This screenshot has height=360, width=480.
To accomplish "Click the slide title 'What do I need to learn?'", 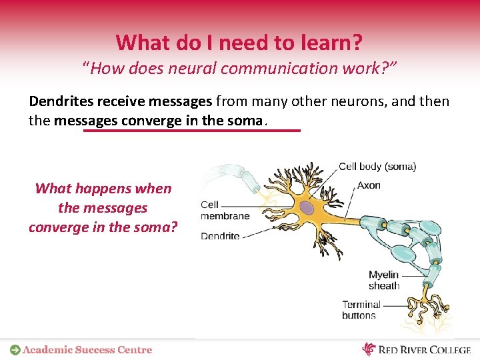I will [239, 43].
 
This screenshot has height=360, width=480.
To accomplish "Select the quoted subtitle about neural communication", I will [239, 68].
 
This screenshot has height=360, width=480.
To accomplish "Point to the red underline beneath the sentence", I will [192, 131].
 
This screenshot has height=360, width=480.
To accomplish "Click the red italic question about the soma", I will [103, 207].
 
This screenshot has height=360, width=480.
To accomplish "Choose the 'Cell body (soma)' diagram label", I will [377, 167].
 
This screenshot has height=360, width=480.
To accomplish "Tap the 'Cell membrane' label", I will [225, 210].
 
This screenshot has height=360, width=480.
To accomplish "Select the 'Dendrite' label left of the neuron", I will [220, 236].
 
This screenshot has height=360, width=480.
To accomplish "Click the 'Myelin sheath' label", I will [383, 280].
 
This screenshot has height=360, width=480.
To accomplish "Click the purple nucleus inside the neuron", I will [307, 209].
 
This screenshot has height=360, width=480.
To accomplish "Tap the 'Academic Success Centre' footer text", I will [87, 349].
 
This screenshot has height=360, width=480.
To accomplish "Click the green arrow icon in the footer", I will [15, 349].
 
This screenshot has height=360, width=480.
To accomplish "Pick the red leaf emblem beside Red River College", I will [369, 349].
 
